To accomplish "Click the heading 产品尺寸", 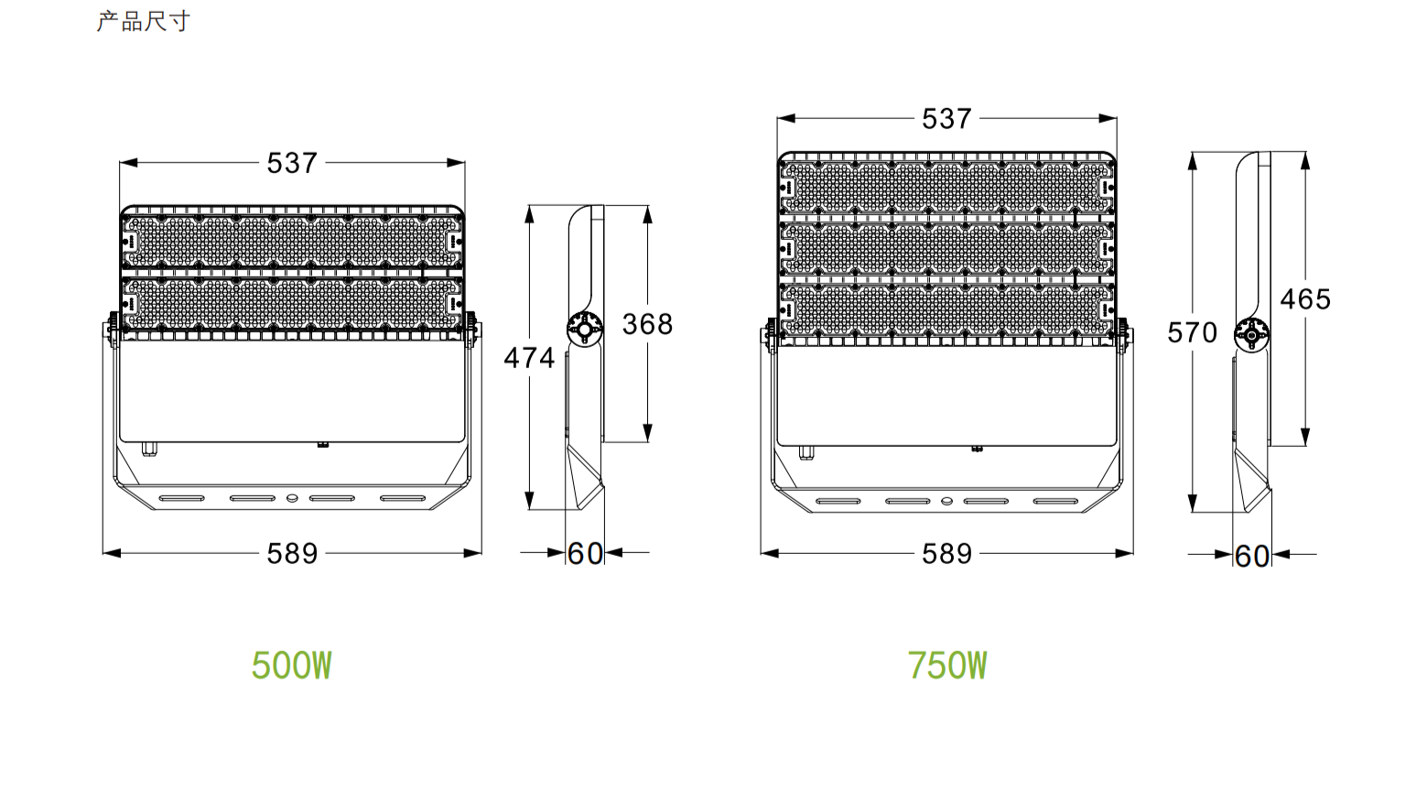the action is click(x=144, y=22).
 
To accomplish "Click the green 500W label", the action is click(x=292, y=666).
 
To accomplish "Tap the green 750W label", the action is click(x=947, y=666).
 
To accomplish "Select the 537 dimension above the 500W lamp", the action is click(x=292, y=163).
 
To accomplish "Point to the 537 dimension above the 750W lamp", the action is click(x=946, y=118).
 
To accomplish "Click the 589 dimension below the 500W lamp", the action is click(x=292, y=553).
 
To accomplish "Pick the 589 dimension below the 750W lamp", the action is click(x=946, y=553).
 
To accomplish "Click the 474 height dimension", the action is click(x=529, y=357).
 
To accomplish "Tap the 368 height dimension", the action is click(x=647, y=324).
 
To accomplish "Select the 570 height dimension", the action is click(x=1192, y=332).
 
